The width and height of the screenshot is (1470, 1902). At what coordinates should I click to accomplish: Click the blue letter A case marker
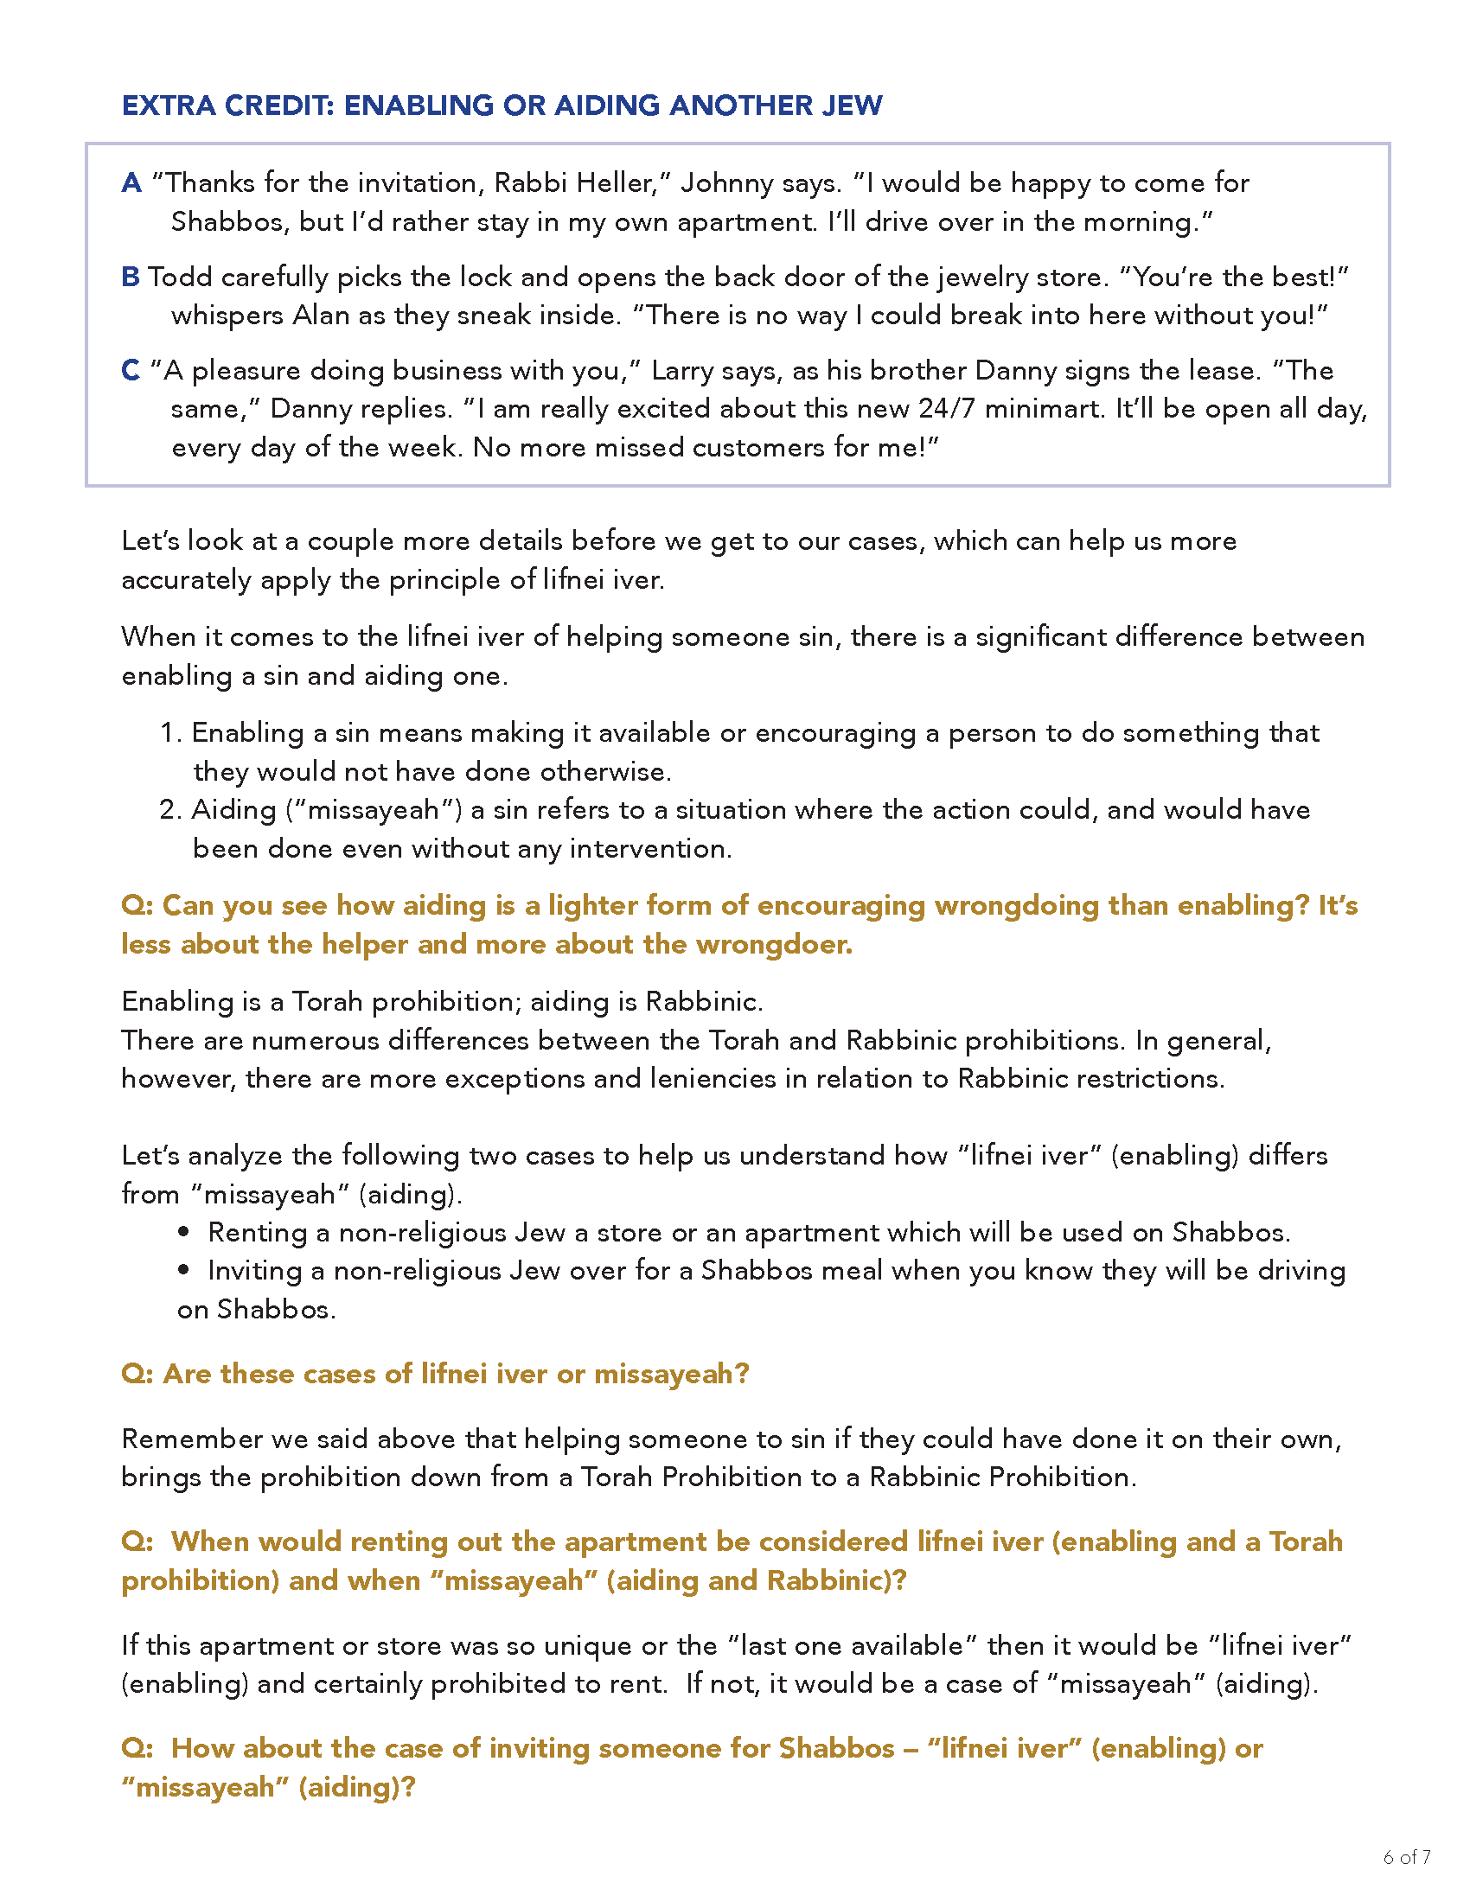point(131,183)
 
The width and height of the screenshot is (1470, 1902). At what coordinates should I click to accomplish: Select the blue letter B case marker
point(131,277)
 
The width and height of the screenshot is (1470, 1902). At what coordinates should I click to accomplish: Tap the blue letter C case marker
point(131,371)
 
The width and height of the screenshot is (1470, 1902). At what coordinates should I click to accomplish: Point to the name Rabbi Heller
point(577,183)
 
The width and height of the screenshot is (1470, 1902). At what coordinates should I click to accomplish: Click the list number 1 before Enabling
point(169,733)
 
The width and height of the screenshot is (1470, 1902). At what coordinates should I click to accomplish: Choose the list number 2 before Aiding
point(169,810)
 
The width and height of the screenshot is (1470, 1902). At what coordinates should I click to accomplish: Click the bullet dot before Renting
point(183,1232)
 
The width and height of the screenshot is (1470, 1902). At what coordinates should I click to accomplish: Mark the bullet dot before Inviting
point(183,1271)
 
